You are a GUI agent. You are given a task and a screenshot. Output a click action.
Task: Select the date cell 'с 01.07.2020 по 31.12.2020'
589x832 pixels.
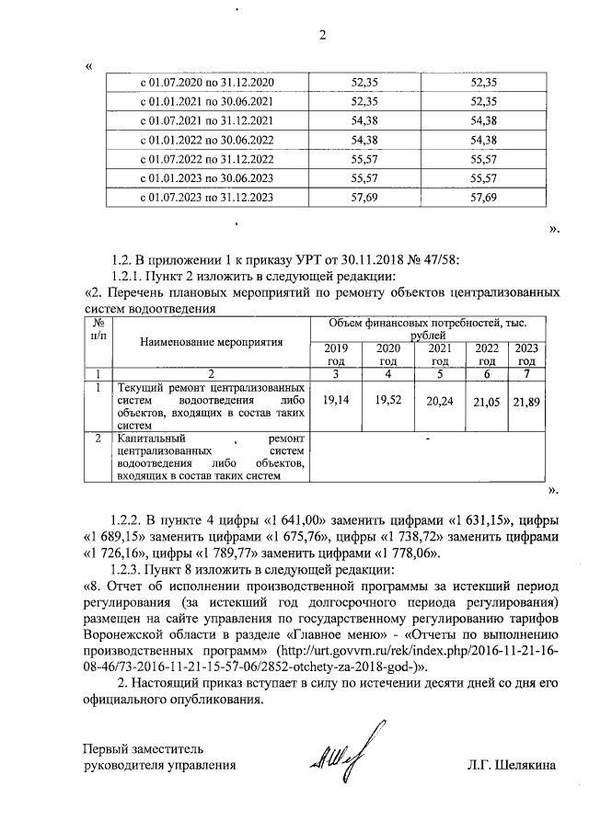(206, 84)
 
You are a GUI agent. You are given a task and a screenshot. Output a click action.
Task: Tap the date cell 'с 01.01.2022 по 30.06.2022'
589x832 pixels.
(206, 141)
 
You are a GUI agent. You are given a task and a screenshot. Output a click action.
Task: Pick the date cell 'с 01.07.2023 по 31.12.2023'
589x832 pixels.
(206, 198)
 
